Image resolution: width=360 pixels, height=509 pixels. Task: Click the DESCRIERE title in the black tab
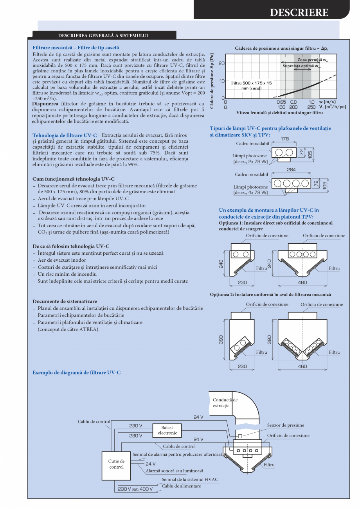pos(299,13)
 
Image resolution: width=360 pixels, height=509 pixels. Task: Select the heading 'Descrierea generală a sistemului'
pos(103,36)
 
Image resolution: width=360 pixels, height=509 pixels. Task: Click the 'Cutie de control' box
pos(116,464)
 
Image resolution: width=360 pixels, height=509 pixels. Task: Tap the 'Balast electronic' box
pos(167,430)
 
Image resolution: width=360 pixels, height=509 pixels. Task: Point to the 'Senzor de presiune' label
pos(285,425)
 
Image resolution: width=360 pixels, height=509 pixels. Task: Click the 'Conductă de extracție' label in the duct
pos(225,403)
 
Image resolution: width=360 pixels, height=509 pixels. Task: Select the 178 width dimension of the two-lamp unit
pos(284,139)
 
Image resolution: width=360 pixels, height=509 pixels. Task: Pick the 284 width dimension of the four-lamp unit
pos(291,169)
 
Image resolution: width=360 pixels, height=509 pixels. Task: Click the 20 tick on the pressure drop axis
pos(221,63)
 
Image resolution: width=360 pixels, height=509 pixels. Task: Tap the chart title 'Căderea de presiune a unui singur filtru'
pos(281,48)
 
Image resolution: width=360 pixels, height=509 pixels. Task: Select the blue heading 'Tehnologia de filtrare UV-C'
pos(65,135)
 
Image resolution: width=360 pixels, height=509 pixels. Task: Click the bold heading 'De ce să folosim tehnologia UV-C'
pos(71,246)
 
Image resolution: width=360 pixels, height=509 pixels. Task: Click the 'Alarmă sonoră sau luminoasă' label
pos(174,471)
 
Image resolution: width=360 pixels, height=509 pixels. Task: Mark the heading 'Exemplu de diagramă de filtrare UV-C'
pos(76,372)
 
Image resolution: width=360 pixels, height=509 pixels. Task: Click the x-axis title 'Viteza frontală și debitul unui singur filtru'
pos(279,113)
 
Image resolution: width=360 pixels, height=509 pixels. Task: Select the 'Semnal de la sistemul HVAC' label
pos(190,479)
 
